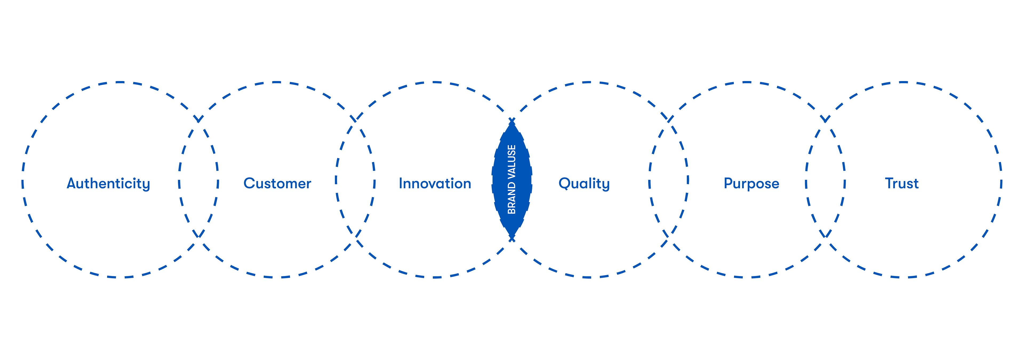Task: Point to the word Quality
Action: click(584, 184)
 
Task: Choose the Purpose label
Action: click(751, 184)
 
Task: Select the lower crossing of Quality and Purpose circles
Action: click(669, 236)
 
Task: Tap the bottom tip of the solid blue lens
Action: click(512, 238)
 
